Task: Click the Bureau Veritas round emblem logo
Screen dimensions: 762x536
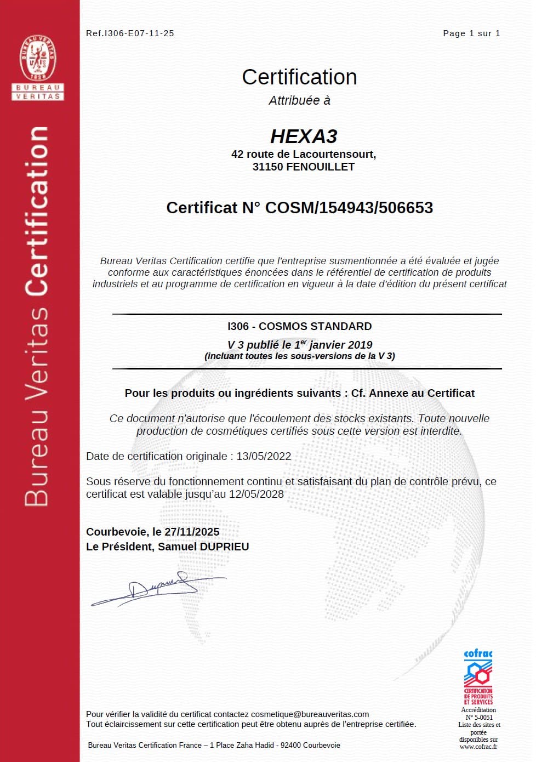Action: tap(38, 58)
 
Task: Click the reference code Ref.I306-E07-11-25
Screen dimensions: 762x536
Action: tap(130, 33)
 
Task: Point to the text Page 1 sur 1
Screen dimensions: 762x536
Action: tap(471, 33)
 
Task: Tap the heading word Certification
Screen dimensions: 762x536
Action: tap(299, 77)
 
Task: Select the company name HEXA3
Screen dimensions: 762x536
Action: tap(304, 136)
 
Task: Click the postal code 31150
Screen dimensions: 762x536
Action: tap(267, 167)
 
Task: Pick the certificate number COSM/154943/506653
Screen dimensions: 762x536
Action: tap(349, 208)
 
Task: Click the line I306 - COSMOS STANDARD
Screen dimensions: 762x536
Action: tap(299, 327)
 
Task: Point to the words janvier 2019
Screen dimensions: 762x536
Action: tap(340, 345)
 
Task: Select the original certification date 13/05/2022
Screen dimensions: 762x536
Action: tap(264, 457)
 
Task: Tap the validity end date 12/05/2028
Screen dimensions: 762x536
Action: tap(256, 494)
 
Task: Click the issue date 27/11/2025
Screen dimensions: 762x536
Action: tap(192, 532)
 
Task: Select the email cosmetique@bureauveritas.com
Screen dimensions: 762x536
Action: tap(310, 714)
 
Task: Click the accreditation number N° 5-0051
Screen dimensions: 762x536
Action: tap(479, 718)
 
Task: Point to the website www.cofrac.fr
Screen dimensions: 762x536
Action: tap(478, 747)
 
